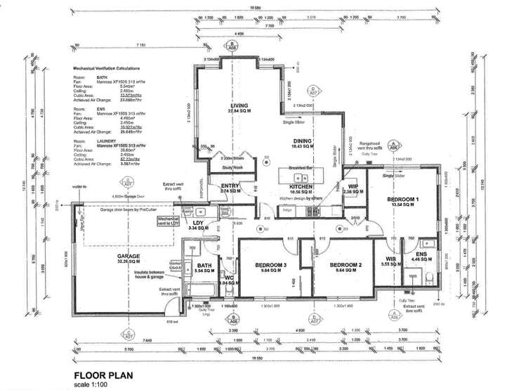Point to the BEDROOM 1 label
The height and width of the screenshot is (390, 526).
tap(403, 200)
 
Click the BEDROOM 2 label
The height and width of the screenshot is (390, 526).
tap(348, 264)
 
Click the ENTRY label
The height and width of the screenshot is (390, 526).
tap(230, 186)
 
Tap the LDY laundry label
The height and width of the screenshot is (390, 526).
tap(199, 224)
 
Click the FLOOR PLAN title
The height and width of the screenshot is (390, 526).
tap(103, 374)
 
